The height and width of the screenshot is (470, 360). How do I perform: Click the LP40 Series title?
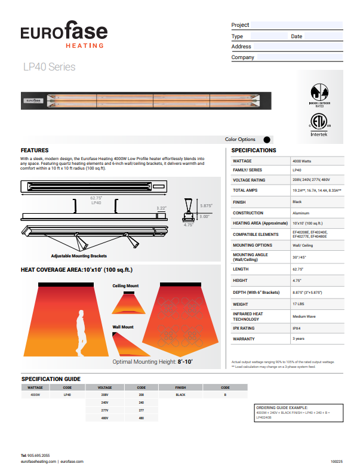point(49,67)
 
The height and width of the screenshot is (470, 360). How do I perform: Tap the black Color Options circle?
point(266,139)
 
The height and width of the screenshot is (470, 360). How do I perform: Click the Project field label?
point(240,25)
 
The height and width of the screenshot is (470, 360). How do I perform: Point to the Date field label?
point(296,36)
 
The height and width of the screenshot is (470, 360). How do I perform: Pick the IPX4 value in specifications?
point(297,328)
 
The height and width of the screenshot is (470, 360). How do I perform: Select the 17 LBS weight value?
point(299,304)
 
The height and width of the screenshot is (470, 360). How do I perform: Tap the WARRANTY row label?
point(244,339)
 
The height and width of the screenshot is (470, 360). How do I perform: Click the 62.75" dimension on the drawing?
point(96,198)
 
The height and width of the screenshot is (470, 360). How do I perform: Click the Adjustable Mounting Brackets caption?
point(79,256)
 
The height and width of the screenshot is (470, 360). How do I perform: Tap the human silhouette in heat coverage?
point(80,334)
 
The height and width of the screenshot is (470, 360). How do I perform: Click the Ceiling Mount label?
point(125,286)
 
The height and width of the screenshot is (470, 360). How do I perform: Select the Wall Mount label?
point(123,327)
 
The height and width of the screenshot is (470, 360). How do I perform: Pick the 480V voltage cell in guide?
point(104,418)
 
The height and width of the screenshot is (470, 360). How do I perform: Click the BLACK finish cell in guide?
point(180,395)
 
